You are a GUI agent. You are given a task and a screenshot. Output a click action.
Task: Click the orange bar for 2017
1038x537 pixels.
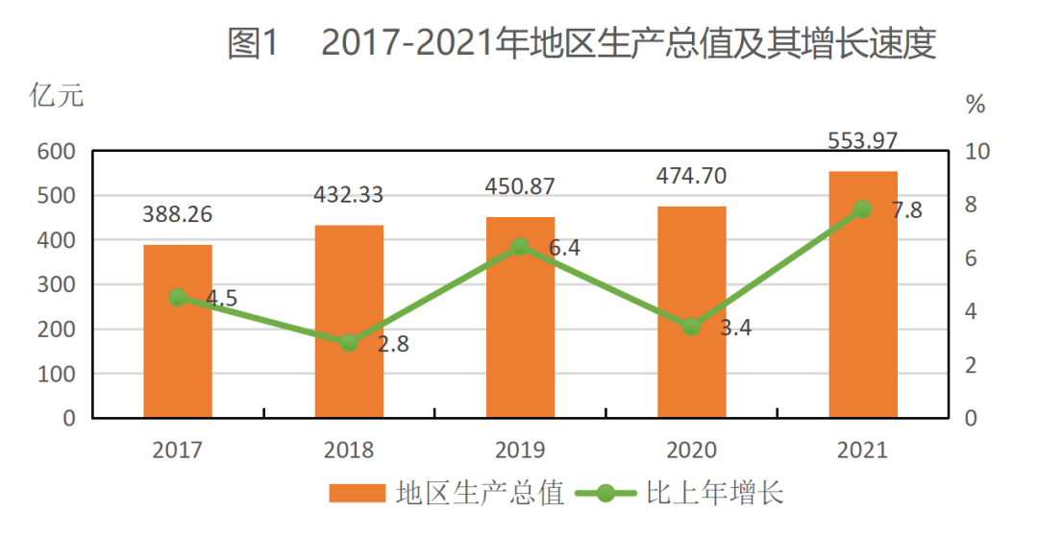tap(178, 331)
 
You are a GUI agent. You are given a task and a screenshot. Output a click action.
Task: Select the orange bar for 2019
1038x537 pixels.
tap(520, 317)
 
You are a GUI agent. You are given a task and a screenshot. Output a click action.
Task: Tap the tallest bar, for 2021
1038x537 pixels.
tap(862, 294)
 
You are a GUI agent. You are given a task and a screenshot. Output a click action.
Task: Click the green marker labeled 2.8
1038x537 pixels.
tap(349, 343)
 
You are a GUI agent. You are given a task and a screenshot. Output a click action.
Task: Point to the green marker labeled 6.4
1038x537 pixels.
tap(520, 247)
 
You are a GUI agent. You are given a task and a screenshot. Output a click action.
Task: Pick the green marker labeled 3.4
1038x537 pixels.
tap(691, 327)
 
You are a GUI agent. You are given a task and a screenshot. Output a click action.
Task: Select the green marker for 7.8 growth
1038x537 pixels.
tap(862, 209)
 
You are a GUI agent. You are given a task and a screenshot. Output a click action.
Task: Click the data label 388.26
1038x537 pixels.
tap(178, 214)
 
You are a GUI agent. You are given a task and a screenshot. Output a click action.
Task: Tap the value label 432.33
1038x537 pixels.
tap(348, 195)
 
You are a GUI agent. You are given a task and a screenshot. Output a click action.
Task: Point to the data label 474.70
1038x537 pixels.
tap(691, 176)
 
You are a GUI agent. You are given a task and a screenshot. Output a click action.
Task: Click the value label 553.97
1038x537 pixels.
tap(862, 140)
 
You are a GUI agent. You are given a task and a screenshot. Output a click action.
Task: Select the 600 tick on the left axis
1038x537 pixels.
tap(57, 152)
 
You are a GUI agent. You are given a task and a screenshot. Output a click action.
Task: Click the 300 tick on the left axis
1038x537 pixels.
tap(57, 285)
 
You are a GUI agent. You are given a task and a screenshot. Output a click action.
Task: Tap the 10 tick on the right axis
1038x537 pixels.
tap(976, 152)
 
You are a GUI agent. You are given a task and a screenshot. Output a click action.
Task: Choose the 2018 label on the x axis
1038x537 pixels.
tap(348, 450)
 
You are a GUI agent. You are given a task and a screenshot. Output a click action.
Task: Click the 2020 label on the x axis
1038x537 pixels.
tap(691, 450)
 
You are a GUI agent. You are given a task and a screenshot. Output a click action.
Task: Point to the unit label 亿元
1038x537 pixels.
tap(57, 96)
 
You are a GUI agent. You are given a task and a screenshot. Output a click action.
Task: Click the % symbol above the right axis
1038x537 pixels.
tap(976, 105)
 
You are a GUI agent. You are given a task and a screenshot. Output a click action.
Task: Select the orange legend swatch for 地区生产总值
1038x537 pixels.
tap(357, 494)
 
